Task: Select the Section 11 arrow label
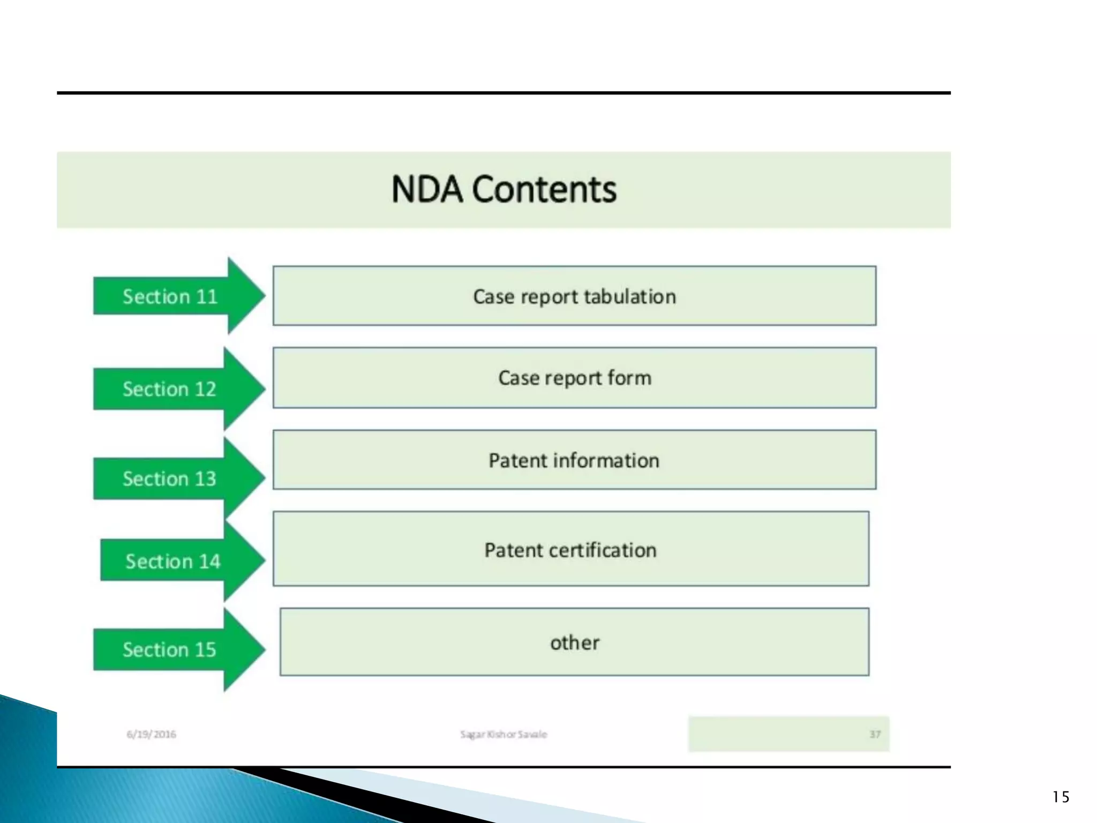(170, 296)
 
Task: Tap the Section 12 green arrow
(170, 389)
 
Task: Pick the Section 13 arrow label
(170, 478)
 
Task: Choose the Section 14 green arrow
(173, 561)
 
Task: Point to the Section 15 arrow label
(170, 649)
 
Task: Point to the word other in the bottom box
(575, 642)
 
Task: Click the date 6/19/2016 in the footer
(151, 734)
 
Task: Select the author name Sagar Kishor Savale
(504, 734)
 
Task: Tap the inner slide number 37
(875, 734)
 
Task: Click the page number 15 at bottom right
(1061, 797)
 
